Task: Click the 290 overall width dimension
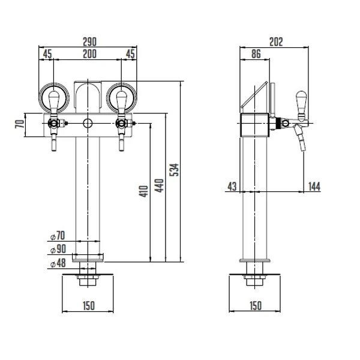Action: [x=89, y=42]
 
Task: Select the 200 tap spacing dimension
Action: [x=89, y=54]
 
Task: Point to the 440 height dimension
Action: [x=159, y=185]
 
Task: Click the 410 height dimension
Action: [x=144, y=191]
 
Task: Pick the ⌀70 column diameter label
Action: [x=58, y=236]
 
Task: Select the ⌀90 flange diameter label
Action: [x=58, y=249]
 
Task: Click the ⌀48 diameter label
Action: [x=58, y=263]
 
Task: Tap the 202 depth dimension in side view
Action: [x=276, y=42]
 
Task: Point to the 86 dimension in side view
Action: [x=256, y=54]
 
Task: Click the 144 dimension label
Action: [x=314, y=187]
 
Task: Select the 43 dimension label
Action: [x=232, y=186]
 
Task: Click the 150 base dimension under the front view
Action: [x=89, y=305]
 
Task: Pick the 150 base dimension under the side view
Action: [x=256, y=305]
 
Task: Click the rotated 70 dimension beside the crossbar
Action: [x=20, y=124]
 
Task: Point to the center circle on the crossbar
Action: [x=88, y=123]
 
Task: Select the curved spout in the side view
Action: [x=300, y=137]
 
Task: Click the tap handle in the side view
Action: [x=301, y=103]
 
